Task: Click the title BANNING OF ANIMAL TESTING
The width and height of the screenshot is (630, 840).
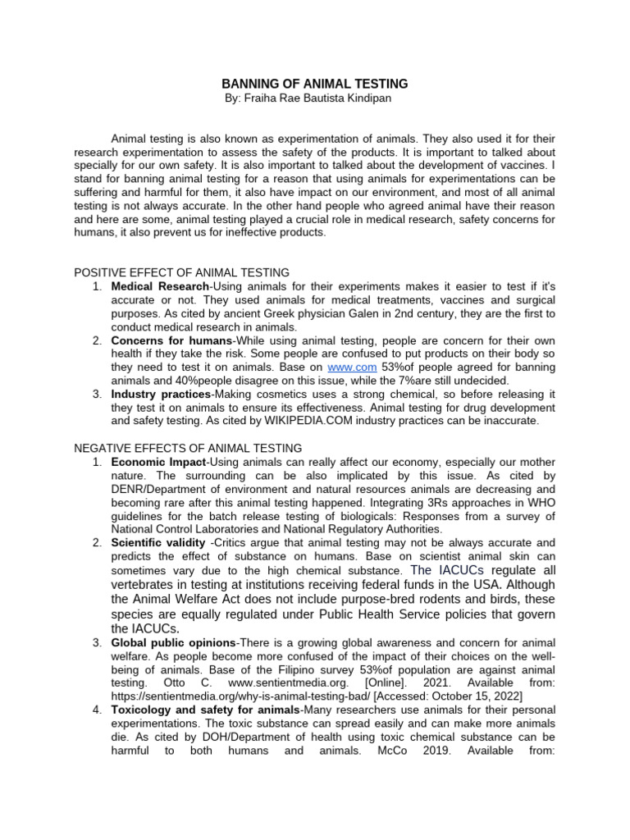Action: point(315,84)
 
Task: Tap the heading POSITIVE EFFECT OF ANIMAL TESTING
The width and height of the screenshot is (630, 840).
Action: point(181,272)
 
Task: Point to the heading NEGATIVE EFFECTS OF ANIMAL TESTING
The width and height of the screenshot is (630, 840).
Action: point(188,448)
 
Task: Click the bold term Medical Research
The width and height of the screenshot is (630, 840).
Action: point(161,287)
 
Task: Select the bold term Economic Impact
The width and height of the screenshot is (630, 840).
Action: point(159,463)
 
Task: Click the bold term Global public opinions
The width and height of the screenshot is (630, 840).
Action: point(172,641)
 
